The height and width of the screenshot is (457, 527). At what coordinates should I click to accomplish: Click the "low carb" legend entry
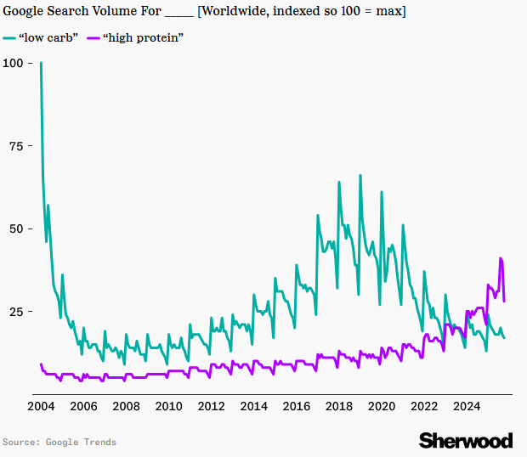(48, 38)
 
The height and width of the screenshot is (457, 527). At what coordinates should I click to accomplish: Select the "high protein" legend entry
(143, 38)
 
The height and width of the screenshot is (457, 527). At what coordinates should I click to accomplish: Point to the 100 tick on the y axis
(14, 63)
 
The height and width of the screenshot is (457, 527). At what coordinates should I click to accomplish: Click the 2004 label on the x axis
(41, 406)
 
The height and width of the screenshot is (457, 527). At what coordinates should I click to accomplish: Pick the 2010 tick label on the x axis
(168, 406)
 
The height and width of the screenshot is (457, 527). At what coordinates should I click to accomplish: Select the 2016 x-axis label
(297, 406)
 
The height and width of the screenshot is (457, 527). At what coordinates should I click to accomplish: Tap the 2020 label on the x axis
(382, 406)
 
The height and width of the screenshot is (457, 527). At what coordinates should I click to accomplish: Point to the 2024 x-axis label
(467, 406)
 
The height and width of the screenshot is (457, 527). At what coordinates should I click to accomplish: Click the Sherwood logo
(466, 440)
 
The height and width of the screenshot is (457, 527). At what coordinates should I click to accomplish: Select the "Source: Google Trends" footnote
(59, 442)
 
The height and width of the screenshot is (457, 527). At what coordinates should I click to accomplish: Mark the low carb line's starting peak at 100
(41, 64)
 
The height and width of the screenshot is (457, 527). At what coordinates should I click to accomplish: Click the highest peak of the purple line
(501, 258)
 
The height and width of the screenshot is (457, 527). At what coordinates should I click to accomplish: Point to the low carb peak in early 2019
(360, 176)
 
